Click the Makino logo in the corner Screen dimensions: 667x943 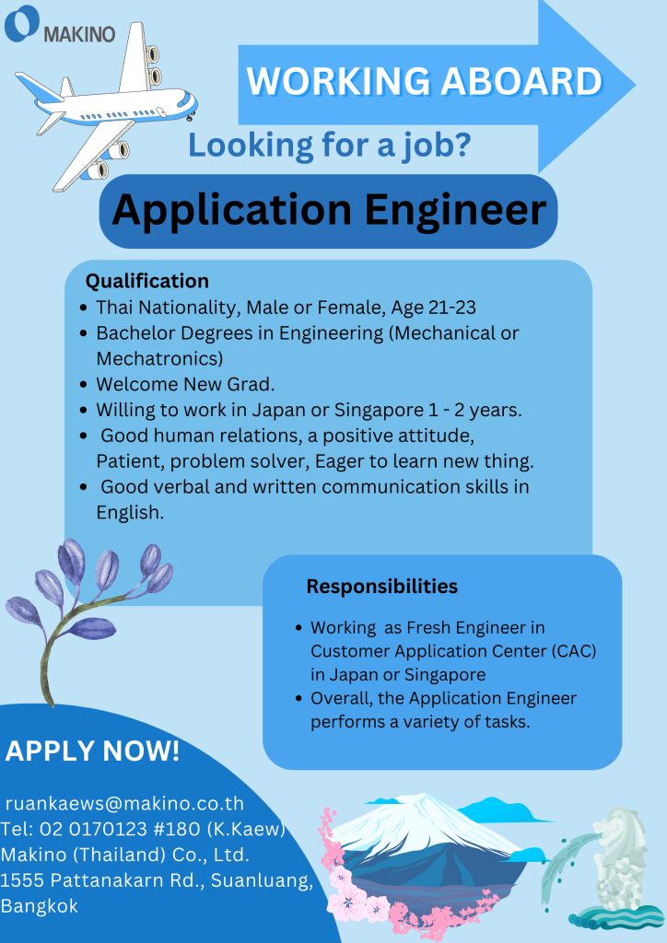59,25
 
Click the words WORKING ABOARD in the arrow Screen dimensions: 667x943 424,81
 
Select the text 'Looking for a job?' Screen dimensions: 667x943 329,145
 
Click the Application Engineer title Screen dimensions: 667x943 328,210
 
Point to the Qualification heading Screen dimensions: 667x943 146,281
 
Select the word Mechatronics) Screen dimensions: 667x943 159,358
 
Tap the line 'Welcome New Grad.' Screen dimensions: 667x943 185,384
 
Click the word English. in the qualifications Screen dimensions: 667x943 130,512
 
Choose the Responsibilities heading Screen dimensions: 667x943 382,587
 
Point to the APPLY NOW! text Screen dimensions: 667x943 92,751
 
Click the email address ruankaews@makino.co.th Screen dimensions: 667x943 124,803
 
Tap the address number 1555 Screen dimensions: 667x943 23,879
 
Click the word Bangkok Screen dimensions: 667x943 39,906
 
